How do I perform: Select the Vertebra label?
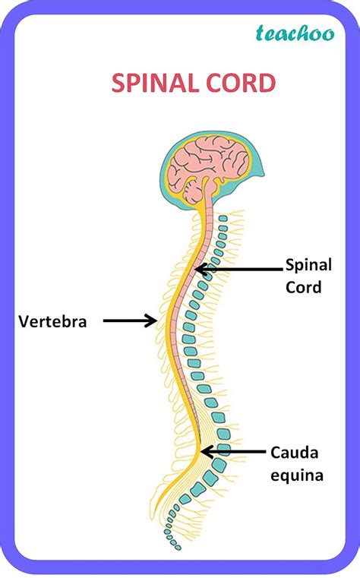pyautogui.click(x=53, y=321)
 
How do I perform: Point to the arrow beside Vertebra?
pyautogui.click(x=129, y=321)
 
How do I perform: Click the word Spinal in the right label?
pyautogui.click(x=309, y=265)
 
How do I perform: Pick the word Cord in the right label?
pyautogui.click(x=304, y=287)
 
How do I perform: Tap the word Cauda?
pyautogui.click(x=295, y=453)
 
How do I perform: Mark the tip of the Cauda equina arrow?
pyautogui.click(x=201, y=451)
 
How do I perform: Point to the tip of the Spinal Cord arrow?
pyautogui.click(x=196, y=268)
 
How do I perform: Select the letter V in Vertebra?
pyautogui.click(x=23, y=321)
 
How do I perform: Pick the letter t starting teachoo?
pyautogui.click(x=261, y=32)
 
